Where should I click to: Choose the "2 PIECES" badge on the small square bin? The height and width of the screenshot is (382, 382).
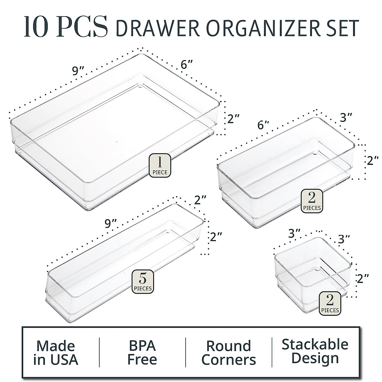(x=330, y=302)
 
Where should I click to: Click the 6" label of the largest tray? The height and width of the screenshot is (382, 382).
(x=187, y=66)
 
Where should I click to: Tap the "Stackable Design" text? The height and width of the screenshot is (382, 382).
(x=315, y=351)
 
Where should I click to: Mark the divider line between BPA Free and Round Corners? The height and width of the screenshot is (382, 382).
(x=186, y=352)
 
